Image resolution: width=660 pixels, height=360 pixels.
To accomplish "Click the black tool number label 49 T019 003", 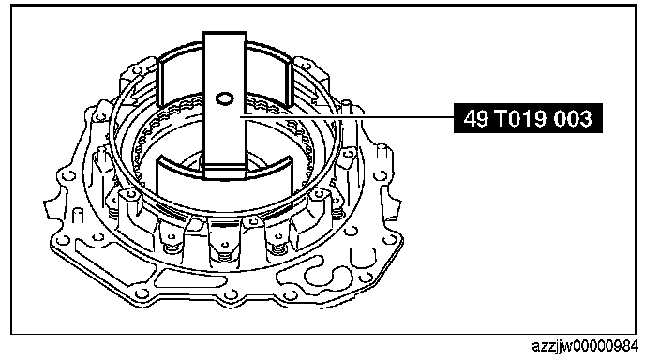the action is [528, 118].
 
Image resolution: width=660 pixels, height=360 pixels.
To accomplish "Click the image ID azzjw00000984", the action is [585, 346].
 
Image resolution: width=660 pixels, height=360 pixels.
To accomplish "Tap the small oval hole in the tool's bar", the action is [224, 99].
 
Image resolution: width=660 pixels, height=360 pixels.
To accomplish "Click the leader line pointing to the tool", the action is [347, 116].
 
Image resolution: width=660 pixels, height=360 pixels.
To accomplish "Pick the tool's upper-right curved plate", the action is [269, 75].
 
